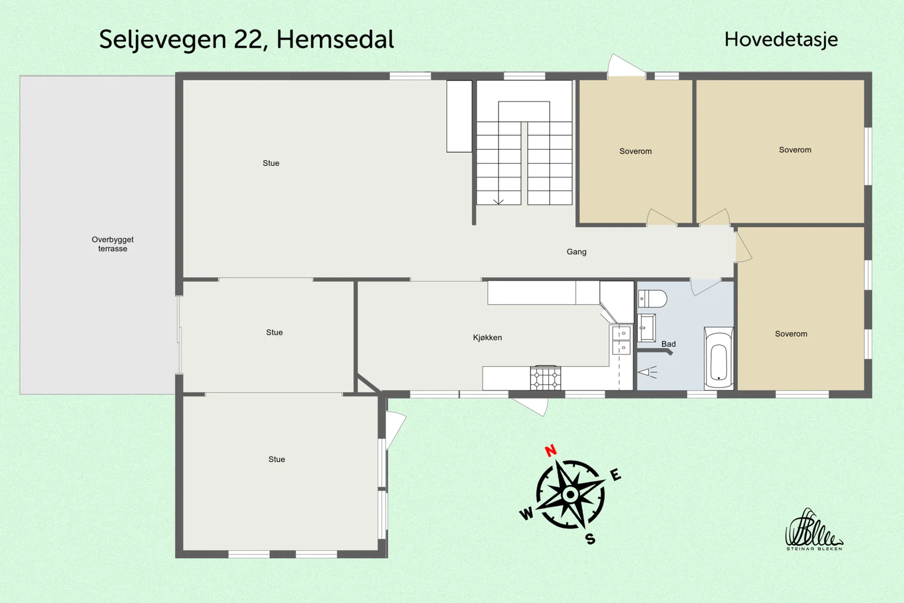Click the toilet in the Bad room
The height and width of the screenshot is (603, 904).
pyautogui.click(x=652, y=299)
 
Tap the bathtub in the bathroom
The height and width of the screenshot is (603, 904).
pyautogui.click(x=719, y=358)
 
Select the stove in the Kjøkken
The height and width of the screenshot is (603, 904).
pyautogui.click(x=545, y=378)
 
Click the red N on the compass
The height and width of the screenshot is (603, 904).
pyautogui.click(x=551, y=450)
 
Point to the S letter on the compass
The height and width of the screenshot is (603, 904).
pyautogui.click(x=590, y=539)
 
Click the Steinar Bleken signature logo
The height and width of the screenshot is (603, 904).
pyautogui.click(x=814, y=530)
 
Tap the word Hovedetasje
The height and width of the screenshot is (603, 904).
pyautogui.click(x=781, y=40)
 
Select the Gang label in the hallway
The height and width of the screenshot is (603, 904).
pyautogui.click(x=576, y=252)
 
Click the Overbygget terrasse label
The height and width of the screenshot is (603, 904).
pyautogui.click(x=112, y=244)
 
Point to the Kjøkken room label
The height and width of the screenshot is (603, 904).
pyautogui.click(x=488, y=337)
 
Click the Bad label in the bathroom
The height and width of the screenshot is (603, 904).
pyautogui.click(x=668, y=344)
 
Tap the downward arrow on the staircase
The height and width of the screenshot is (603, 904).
pyautogui.click(x=498, y=201)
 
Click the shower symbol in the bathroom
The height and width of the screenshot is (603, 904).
pyautogui.click(x=647, y=372)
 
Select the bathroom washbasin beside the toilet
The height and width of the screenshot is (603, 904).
pyautogui.click(x=646, y=328)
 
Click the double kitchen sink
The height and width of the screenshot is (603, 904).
pyautogui.click(x=621, y=340)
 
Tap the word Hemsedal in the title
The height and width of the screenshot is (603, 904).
pyautogui.click(x=335, y=40)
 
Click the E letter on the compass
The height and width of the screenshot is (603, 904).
pyautogui.click(x=615, y=475)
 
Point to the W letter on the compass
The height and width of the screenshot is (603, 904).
pyautogui.click(x=527, y=514)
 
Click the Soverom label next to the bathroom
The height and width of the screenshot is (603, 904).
pyautogui.click(x=791, y=334)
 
